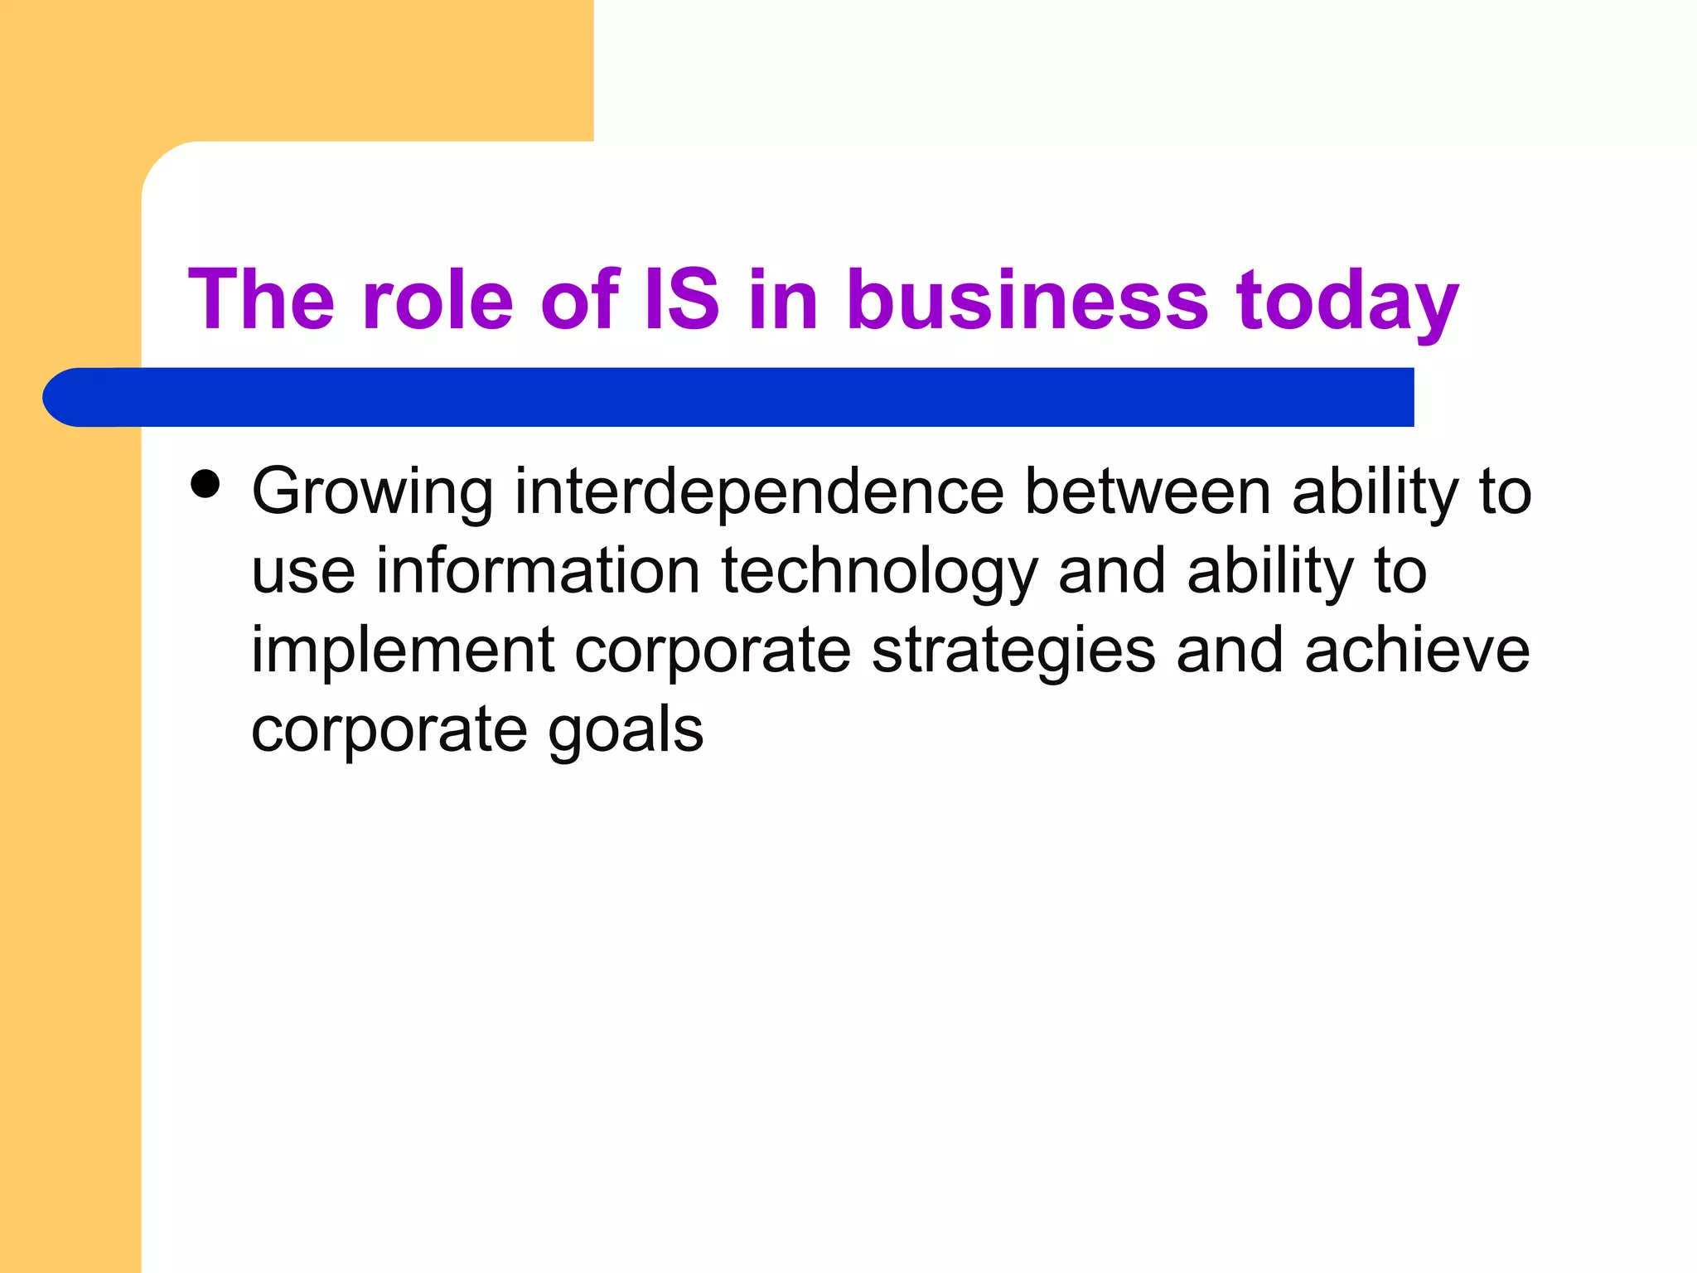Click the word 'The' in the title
[x=261, y=300]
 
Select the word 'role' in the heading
[x=438, y=300]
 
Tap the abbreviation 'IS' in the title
[x=682, y=300]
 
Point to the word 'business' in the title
[x=1027, y=300]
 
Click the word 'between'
[x=1148, y=492]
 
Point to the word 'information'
[x=539, y=572]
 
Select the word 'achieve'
[x=1417, y=651]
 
